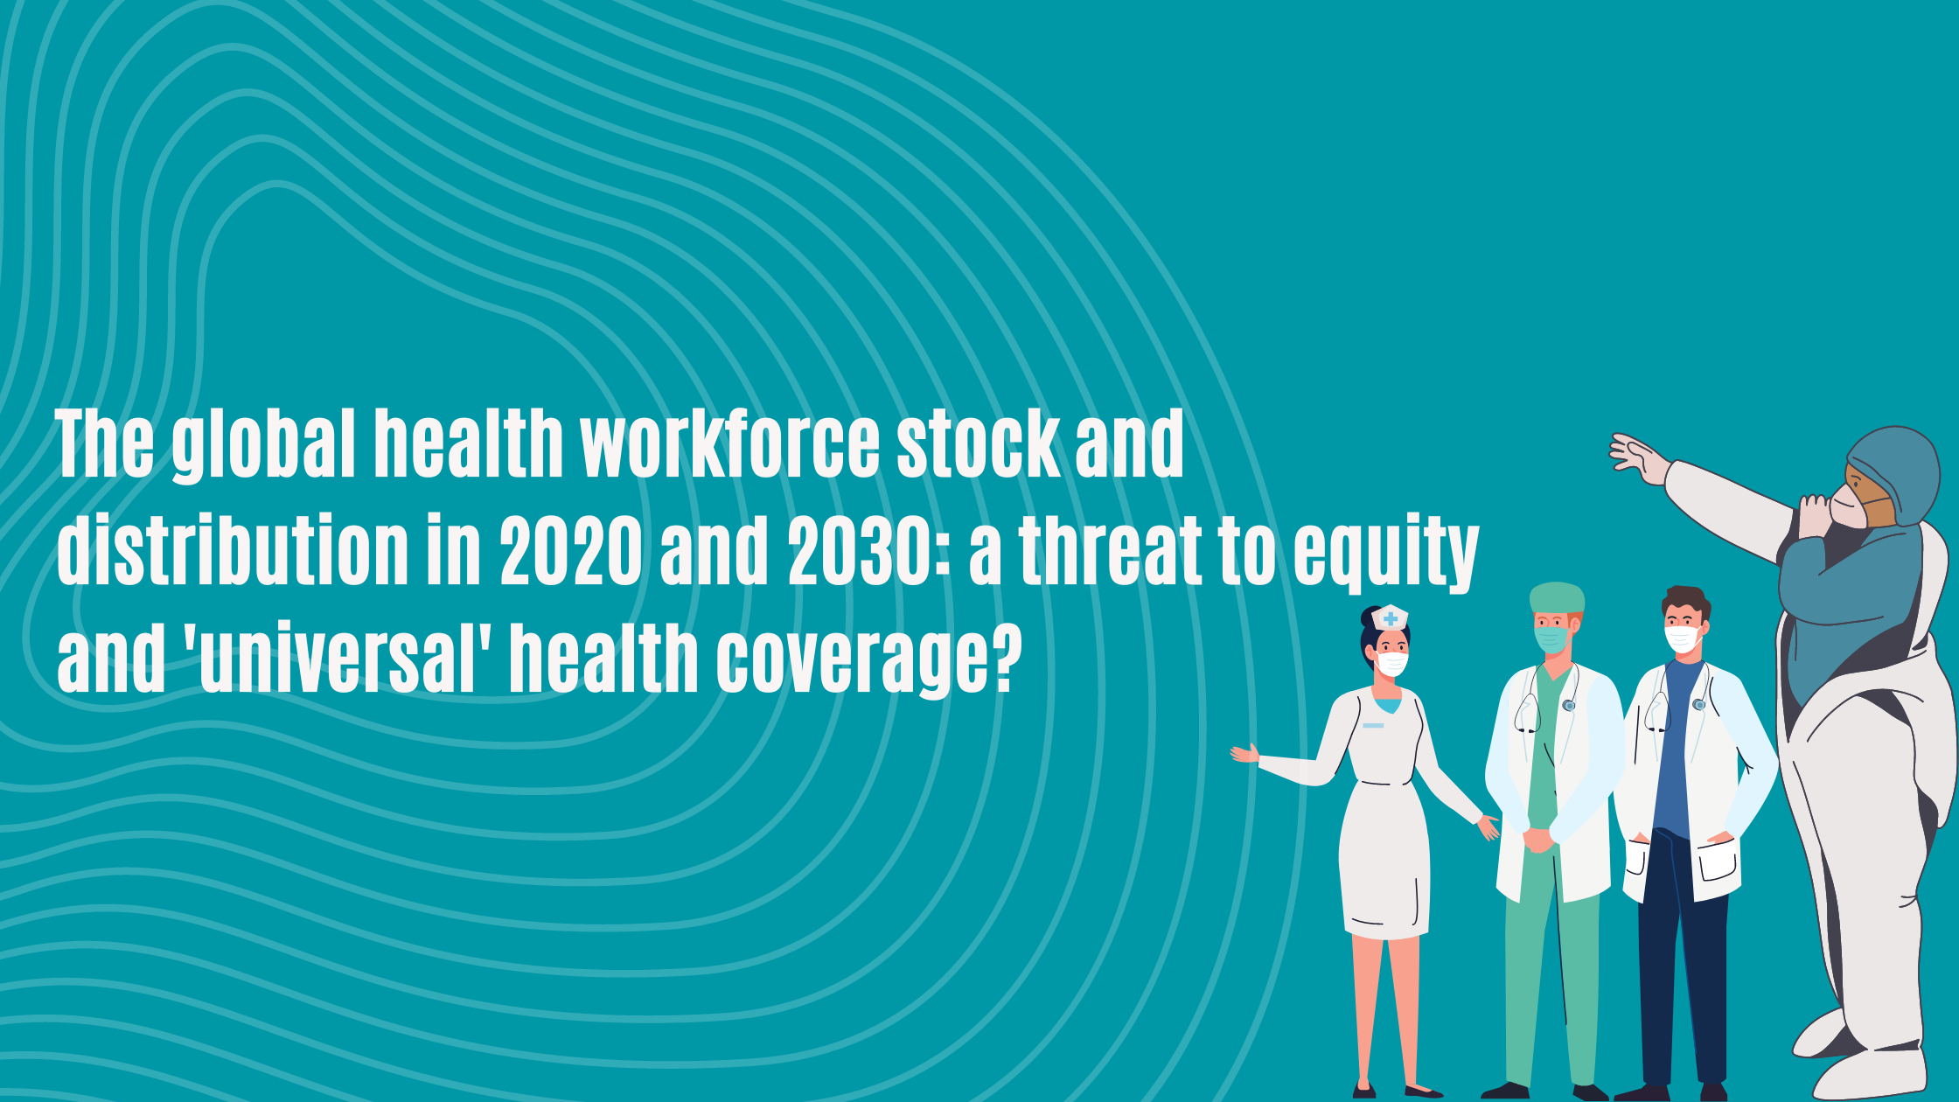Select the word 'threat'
pyautogui.click(x=1110, y=551)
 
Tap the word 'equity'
pyautogui.click(x=1386, y=551)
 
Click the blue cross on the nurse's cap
pyautogui.click(x=1390, y=618)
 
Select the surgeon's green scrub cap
pyautogui.click(x=1557, y=598)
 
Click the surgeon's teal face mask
pyautogui.click(x=1551, y=638)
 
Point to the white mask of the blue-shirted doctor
pyautogui.click(x=1682, y=638)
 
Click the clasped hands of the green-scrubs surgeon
pyautogui.click(x=1539, y=839)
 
